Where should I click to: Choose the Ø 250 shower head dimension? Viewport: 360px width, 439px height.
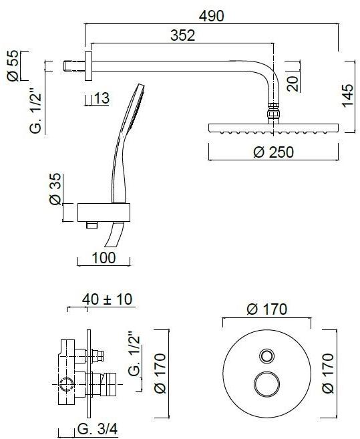274,152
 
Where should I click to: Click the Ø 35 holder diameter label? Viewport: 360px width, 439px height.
55,191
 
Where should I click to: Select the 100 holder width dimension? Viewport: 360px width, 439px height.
104,257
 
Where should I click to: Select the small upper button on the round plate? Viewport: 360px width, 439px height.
266,355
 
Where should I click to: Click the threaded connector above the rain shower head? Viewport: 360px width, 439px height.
273,114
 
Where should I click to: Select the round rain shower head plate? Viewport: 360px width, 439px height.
274,128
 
